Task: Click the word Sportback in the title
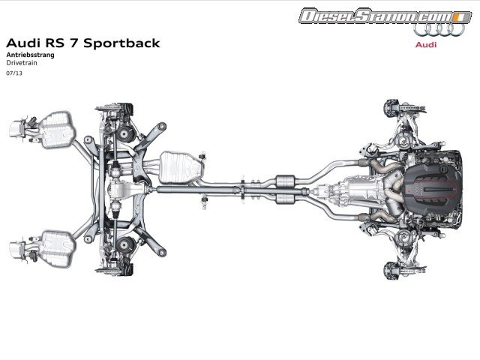tap(121, 43)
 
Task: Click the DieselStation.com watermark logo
tap(374, 16)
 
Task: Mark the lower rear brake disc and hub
tap(120, 259)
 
